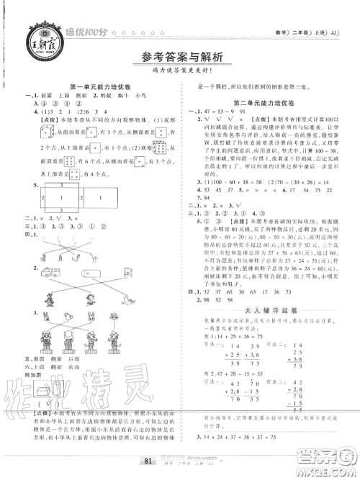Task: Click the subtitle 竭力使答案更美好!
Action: (x=180, y=75)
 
